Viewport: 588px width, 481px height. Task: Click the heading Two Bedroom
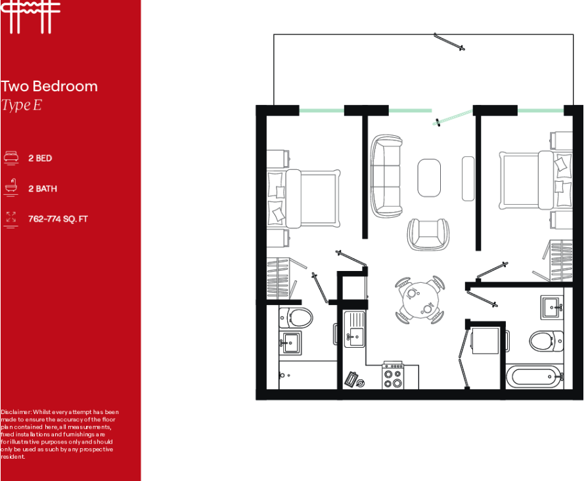point(49,86)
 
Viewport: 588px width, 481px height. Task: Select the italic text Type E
point(22,105)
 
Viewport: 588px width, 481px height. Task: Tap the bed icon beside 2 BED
point(11,158)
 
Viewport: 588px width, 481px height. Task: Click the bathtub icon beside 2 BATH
point(11,187)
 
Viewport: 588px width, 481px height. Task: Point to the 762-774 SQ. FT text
point(58,219)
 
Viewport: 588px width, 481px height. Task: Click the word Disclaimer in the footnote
point(15,412)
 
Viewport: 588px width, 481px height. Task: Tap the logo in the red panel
point(30,17)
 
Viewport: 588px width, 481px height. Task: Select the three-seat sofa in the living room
point(386,176)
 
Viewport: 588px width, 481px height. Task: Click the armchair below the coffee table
point(428,234)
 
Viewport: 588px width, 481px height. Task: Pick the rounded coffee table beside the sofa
point(429,178)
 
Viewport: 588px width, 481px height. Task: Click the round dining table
point(420,300)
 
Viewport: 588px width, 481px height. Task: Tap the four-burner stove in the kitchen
point(393,375)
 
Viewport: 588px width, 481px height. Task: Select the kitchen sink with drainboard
point(354,329)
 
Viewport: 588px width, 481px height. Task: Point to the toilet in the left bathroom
point(296,318)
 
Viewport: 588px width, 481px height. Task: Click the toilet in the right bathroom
point(547,341)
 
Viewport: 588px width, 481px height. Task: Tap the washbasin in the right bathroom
point(552,307)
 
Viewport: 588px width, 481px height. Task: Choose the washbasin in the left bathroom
point(290,343)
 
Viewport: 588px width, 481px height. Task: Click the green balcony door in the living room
point(453,117)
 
